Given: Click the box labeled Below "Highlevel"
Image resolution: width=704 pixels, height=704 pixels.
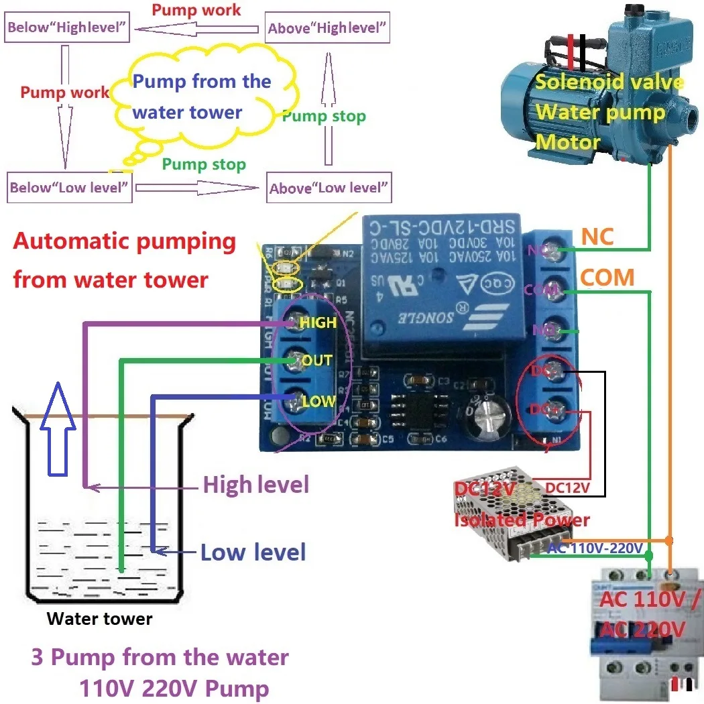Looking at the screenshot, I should point(67,28).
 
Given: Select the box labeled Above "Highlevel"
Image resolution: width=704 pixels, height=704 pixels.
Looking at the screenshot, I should point(327,28).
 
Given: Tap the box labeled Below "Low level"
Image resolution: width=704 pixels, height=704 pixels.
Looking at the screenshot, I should point(68,187).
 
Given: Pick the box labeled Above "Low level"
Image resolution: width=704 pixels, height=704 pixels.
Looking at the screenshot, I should point(329,188).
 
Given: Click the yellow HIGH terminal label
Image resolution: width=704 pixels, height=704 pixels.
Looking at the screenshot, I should point(318,322).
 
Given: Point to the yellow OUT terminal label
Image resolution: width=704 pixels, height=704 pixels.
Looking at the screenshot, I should point(316,361).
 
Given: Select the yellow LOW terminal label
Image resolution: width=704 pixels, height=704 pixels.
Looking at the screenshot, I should point(318,402).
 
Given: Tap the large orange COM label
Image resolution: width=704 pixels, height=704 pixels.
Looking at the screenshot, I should point(607,277).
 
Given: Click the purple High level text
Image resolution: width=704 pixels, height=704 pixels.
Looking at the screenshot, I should point(255,484).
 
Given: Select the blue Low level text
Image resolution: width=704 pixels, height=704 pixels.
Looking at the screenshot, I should point(253,552).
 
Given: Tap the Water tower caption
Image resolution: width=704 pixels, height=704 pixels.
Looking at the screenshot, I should point(99,619).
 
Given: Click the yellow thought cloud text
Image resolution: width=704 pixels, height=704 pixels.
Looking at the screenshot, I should point(201,97).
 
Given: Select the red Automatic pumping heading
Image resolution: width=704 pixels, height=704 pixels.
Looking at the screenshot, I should point(125,259).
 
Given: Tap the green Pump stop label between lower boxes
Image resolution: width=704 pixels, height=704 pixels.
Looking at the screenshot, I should point(204,164).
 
